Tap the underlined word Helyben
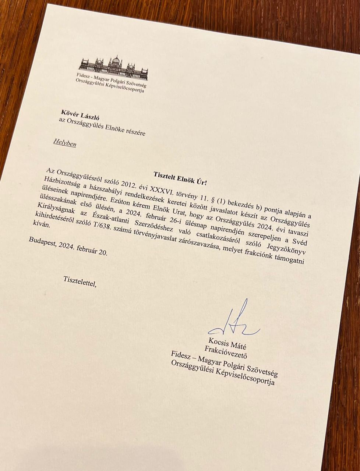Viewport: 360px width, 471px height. (x=64, y=143)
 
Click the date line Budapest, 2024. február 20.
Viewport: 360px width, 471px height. (x=68, y=245)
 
